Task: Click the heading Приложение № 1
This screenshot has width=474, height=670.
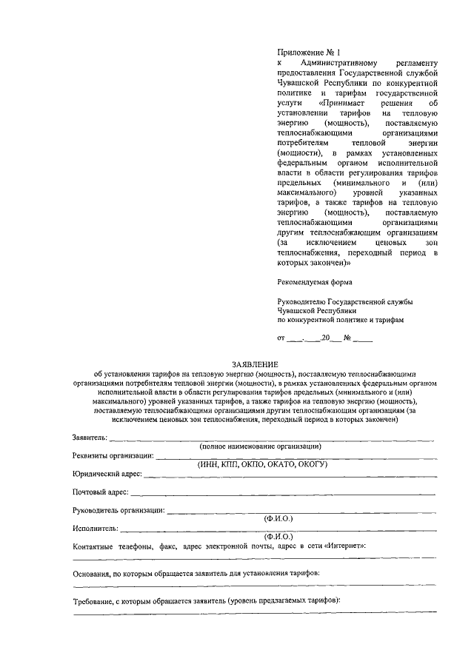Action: coord(304,53)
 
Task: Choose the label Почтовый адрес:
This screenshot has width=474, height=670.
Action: coord(101,492)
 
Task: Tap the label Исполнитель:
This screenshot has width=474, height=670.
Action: coord(94,529)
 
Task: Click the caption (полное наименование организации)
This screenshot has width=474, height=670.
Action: coord(259,448)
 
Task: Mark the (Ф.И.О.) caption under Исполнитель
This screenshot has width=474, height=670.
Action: coord(278,536)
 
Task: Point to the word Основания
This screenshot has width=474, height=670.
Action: coord(94,574)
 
